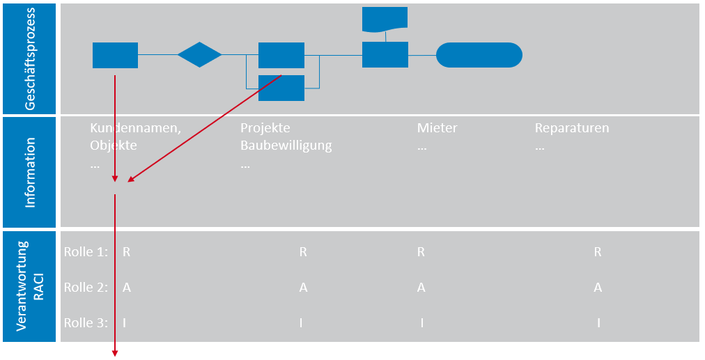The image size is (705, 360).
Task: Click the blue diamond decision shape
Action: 199,55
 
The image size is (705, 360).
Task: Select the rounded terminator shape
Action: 479,55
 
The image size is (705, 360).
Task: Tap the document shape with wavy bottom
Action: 385,19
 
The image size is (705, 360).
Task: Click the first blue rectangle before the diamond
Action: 115,55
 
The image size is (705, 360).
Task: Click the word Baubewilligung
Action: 286,146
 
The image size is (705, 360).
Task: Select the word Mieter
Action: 437,129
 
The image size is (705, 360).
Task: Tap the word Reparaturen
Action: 571,129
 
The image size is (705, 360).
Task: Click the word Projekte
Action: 265,129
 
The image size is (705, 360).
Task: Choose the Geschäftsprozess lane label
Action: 30,58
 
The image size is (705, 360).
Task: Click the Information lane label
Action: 30,172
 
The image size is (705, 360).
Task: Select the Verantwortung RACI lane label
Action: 30,285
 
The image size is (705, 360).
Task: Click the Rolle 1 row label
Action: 86,252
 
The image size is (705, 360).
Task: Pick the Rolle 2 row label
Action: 86,287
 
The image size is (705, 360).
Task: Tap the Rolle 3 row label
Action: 86,322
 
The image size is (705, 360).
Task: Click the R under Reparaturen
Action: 598,252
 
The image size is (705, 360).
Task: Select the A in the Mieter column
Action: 421,287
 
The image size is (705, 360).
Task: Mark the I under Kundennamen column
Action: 125,322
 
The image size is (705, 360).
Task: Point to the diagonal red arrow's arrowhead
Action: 130,180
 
